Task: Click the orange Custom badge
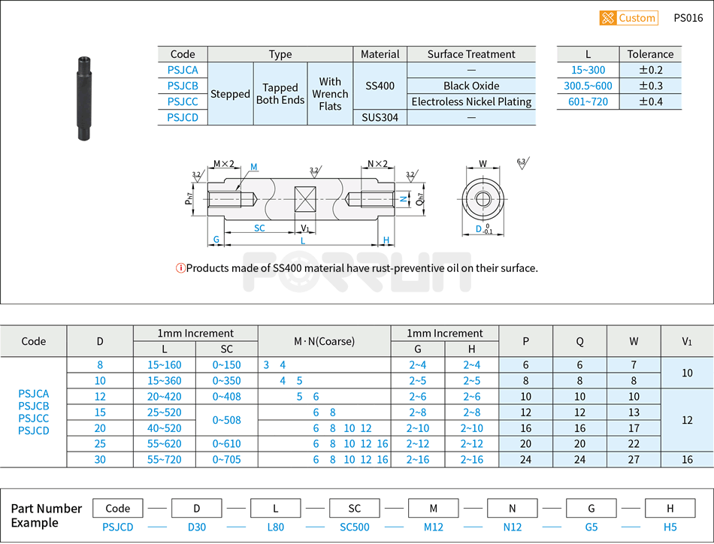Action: [628, 18]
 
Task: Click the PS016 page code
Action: [688, 18]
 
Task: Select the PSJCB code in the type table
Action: [183, 86]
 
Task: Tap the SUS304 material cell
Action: [380, 117]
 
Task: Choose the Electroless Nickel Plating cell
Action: [471, 101]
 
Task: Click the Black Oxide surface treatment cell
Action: [471, 86]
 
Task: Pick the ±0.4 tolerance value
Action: [650, 101]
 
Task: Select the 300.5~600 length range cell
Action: [588, 86]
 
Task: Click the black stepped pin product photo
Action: [83, 98]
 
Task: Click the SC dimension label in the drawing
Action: [259, 228]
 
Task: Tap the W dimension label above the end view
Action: [483, 163]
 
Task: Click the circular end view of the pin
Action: [483, 199]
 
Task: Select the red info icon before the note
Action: [180, 268]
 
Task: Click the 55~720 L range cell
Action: [164, 459]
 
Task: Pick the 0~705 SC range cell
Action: [226, 459]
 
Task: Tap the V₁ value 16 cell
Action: [687, 459]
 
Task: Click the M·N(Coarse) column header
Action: [324, 341]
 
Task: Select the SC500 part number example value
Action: [355, 527]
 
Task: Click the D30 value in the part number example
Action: [196, 527]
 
